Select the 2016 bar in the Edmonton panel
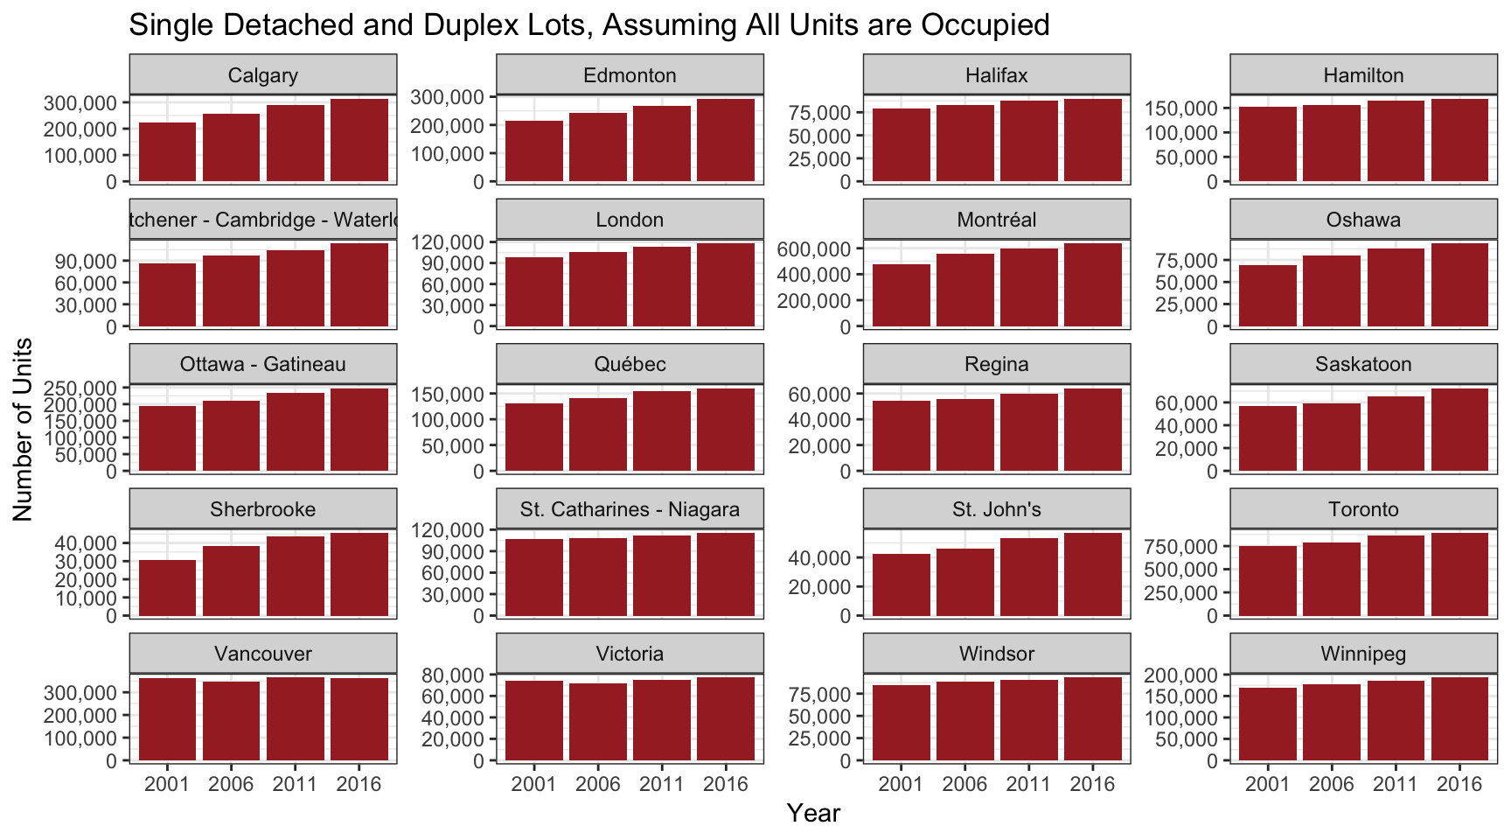click(726, 140)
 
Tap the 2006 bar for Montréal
click(964, 290)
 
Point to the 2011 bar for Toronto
click(1396, 575)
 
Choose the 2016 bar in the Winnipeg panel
click(1459, 718)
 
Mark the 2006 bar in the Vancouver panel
click(231, 721)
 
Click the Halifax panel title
click(996, 75)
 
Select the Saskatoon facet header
click(1363, 364)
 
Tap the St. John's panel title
click(996, 509)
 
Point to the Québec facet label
click(630, 364)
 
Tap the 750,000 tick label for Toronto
click(1180, 547)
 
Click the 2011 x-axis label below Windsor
click(1028, 784)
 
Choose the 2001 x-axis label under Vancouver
click(167, 784)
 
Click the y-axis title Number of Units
click(24, 429)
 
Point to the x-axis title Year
click(813, 813)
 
